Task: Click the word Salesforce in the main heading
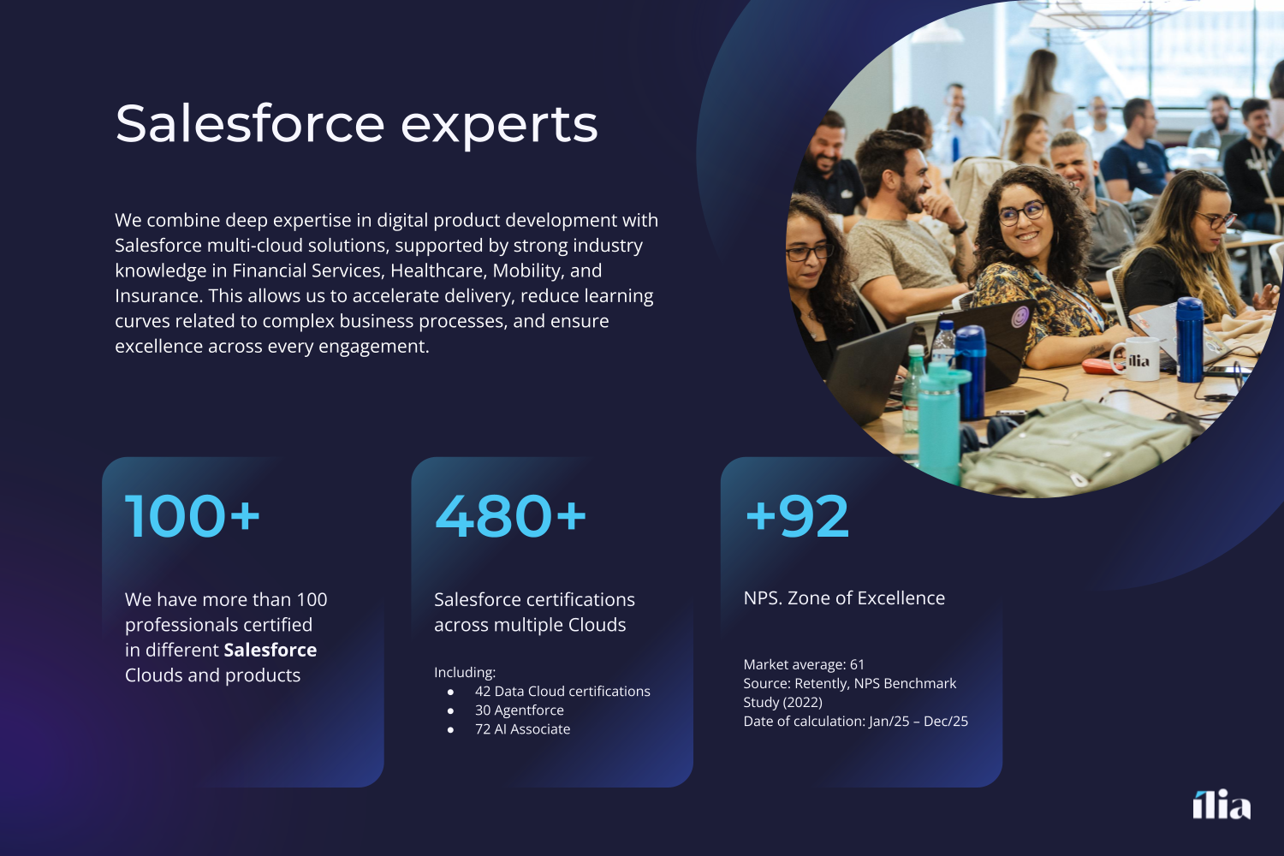tap(250, 123)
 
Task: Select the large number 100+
tap(193, 516)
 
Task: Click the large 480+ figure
tap(510, 516)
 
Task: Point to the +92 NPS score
tap(797, 516)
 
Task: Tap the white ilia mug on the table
tap(1136, 360)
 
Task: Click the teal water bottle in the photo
tap(941, 422)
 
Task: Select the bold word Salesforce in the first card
tap(270, 650)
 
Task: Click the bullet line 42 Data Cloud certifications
tap(562, 691)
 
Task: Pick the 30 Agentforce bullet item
tap(520, 710)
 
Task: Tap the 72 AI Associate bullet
tap(523, 728)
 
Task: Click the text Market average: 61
tap(804, 664)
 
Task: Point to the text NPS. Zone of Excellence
tap(844, 598)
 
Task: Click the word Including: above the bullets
tap(465, 673)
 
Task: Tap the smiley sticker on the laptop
tap(1019, 317)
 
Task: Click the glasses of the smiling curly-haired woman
tap(1022, 213)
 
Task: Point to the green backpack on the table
tap(1072, 447)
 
